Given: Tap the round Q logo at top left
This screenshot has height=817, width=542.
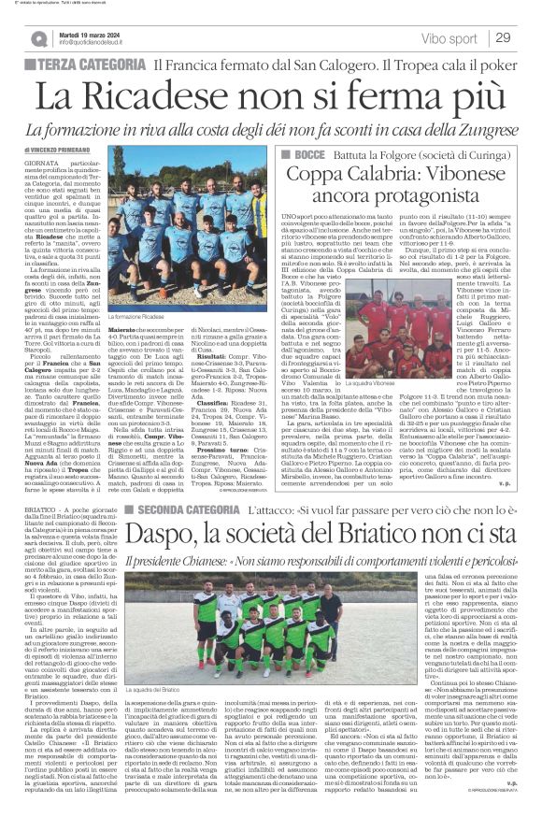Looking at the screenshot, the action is tap(38, 38).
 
